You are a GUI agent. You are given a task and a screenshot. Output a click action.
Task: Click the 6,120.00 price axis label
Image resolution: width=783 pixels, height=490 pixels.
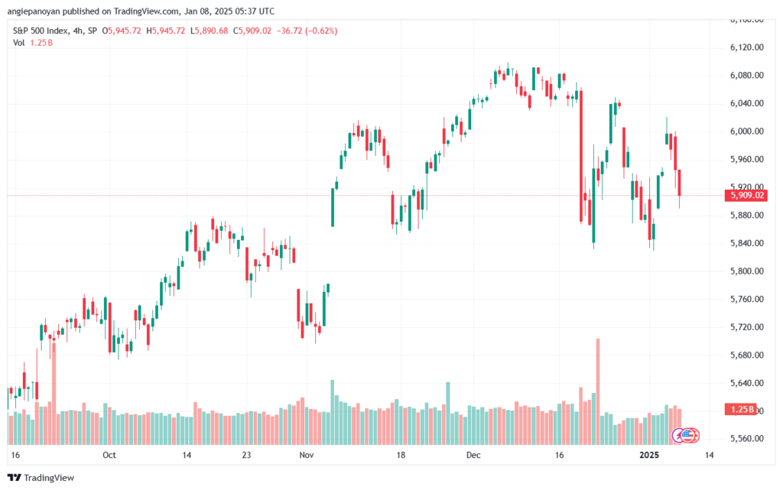click(x=746, y=47)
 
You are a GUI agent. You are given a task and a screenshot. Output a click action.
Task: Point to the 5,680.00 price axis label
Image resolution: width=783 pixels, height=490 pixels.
click(x=746, y=355)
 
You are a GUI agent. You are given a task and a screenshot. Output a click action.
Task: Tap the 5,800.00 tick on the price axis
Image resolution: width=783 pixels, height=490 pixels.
click(x=746, y=271)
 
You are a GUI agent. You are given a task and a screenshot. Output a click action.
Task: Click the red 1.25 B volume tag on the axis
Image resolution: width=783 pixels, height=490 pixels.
click(x=741, y=410)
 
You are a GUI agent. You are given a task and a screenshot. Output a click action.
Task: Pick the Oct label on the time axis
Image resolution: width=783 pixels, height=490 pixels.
click(x=109, y=455)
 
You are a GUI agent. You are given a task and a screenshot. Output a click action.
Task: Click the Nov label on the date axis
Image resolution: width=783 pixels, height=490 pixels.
click(x=307, y=455)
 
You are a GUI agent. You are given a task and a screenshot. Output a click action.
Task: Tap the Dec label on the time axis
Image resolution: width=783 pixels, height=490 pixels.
click(x=473, y=455)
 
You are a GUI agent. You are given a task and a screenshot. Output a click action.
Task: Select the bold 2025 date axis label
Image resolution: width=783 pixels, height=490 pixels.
click(x=649, y=455)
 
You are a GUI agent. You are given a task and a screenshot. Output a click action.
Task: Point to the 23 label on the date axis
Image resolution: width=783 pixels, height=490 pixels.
click(x=246, y=455)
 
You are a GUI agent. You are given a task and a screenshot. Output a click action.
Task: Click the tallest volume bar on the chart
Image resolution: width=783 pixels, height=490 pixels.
click(x=598, y=391)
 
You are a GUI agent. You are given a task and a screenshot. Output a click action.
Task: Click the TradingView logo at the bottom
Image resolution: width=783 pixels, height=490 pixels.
click(x=41, y=478)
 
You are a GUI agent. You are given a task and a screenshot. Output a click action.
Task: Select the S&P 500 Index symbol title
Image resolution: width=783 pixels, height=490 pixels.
click(x=41, y=31)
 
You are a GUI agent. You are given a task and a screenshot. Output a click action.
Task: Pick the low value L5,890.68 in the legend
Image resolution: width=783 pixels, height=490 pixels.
click(x=210, y=31)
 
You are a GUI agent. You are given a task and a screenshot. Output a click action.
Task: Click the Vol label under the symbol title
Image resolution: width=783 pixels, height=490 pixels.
click(x=18, y=43)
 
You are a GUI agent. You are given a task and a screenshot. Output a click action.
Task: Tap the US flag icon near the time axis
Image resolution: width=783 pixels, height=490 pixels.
click(x=689, y=435)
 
